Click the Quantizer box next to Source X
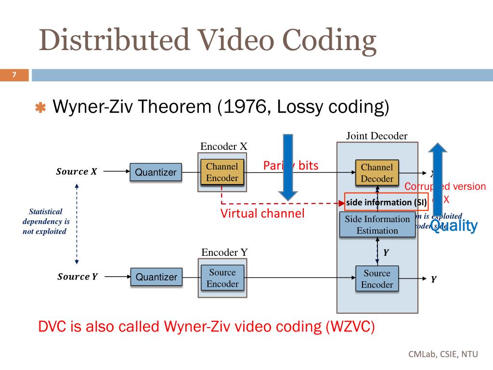156,172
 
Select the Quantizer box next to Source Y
156,277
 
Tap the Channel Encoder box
222,172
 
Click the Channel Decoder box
377,173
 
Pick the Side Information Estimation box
377,225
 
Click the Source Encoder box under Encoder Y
222,278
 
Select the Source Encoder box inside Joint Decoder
377,279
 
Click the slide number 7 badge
14,75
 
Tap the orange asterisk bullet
40,108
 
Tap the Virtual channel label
262,213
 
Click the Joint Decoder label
376,136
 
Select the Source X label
76,172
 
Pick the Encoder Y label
224,252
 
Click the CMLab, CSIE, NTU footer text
443,354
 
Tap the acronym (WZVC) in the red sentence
350,327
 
